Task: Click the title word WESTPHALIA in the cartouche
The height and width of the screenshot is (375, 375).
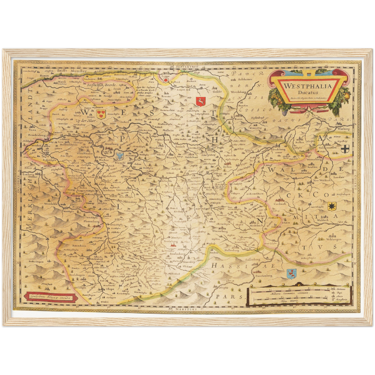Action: coord(308,86)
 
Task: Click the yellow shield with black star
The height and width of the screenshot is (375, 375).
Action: coord(331,206)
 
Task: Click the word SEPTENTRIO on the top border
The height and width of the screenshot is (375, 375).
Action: coord(187,67)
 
